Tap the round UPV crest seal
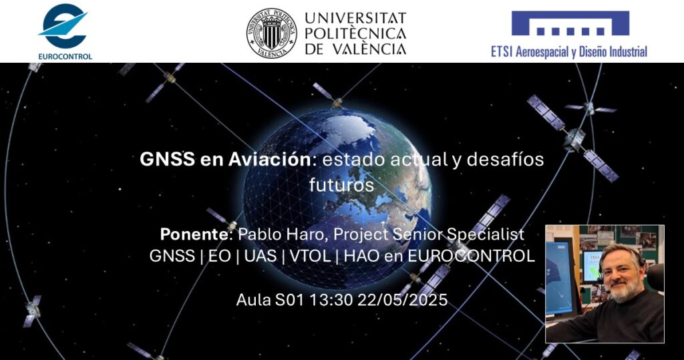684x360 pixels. pos(271,33)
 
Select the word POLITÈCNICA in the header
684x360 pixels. pos(355,33)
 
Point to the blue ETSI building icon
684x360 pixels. pos(570,23)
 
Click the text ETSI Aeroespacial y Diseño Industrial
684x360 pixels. pos(569,52)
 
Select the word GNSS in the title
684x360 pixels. pos(167,159)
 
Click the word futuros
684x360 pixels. pos(341,184)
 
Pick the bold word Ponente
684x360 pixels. pos(194,234)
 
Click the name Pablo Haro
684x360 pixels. pos(283,234)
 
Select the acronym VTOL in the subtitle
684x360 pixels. pos(310,256)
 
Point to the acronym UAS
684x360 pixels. pos(261,256)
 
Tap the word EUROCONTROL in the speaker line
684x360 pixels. pos(471,256)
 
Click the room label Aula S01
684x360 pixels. pos(270,300)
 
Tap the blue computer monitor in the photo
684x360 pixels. pos(560,278)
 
